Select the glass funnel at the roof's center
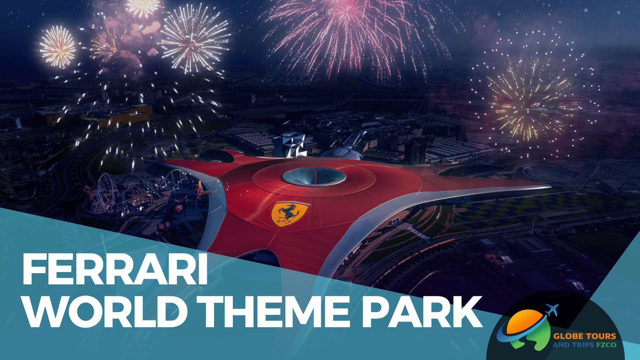click(314, 176)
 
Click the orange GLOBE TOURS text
click(584, 336)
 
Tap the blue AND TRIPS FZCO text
click(584, 345)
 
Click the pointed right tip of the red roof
click(548, 186)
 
